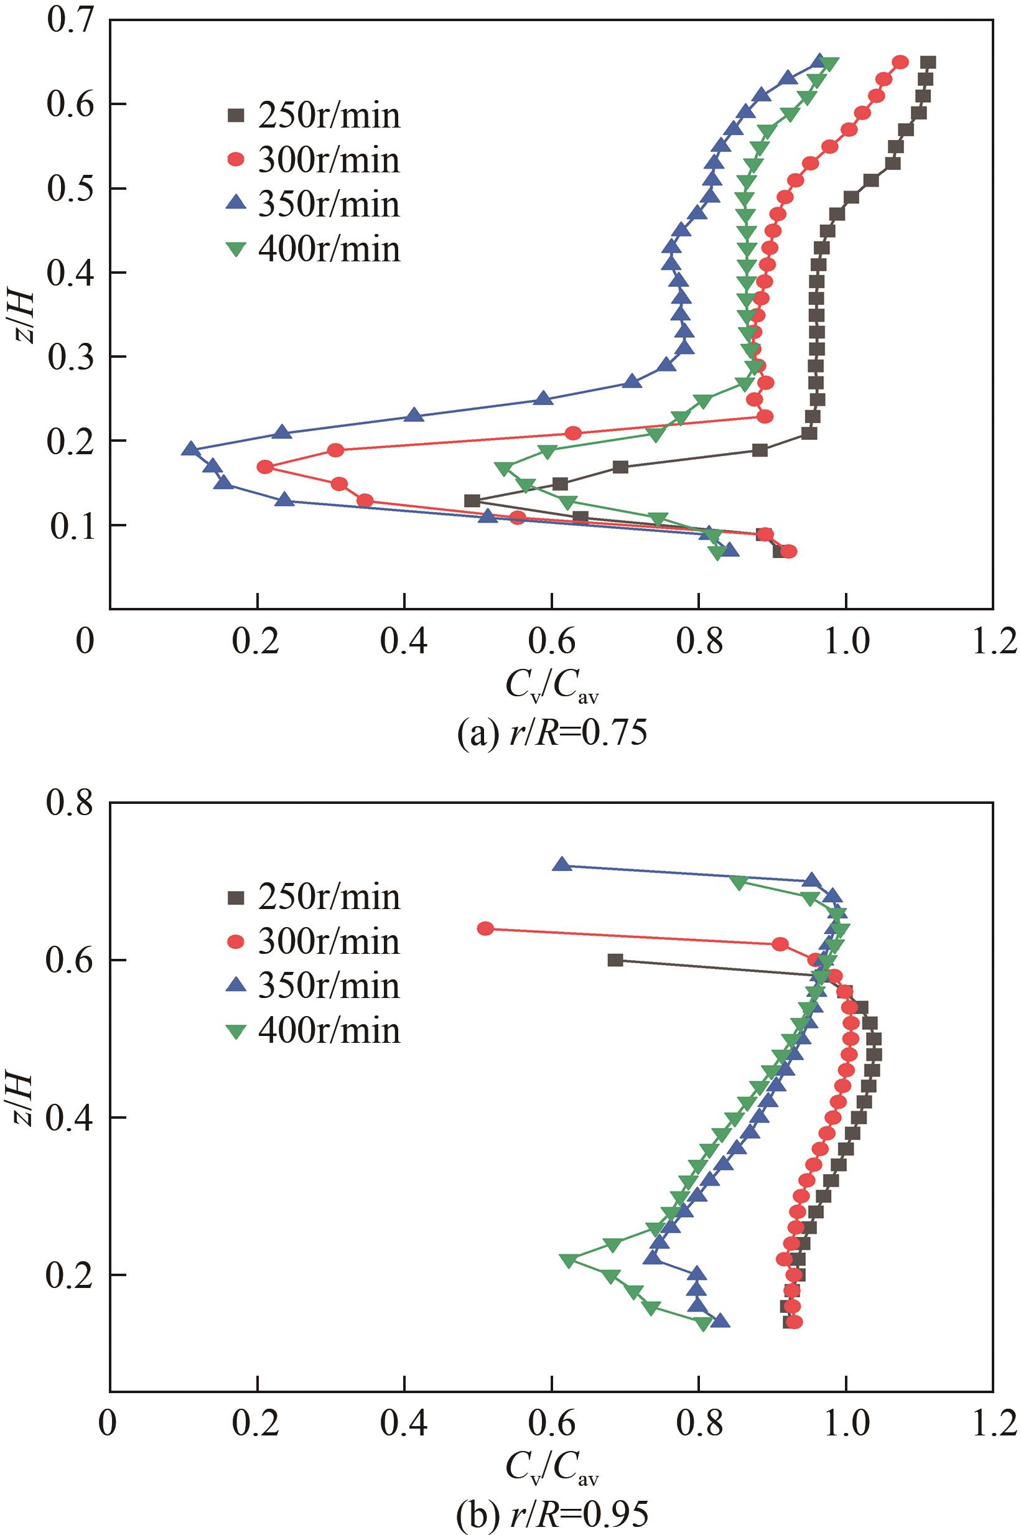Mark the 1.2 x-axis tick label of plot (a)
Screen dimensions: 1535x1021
pyautogui.click(x=992, y=642)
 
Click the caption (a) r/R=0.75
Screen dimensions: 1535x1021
pyautogui.click(x=552, y=734)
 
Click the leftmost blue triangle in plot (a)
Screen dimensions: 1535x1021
pyautogui.click(x=190, y=449)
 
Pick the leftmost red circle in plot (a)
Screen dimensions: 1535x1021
pyautogui.click(x=265, y=467)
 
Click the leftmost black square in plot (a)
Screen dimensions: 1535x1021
pyautogui.click(x=472, y=501)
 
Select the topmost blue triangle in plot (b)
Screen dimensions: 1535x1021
pyautogui.click(x=562, y=865)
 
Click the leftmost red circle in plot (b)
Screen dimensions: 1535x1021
pyautogui.click(x=485, y=928)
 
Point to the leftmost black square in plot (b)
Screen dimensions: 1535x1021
pyautogui.click(x=615, y=959)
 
